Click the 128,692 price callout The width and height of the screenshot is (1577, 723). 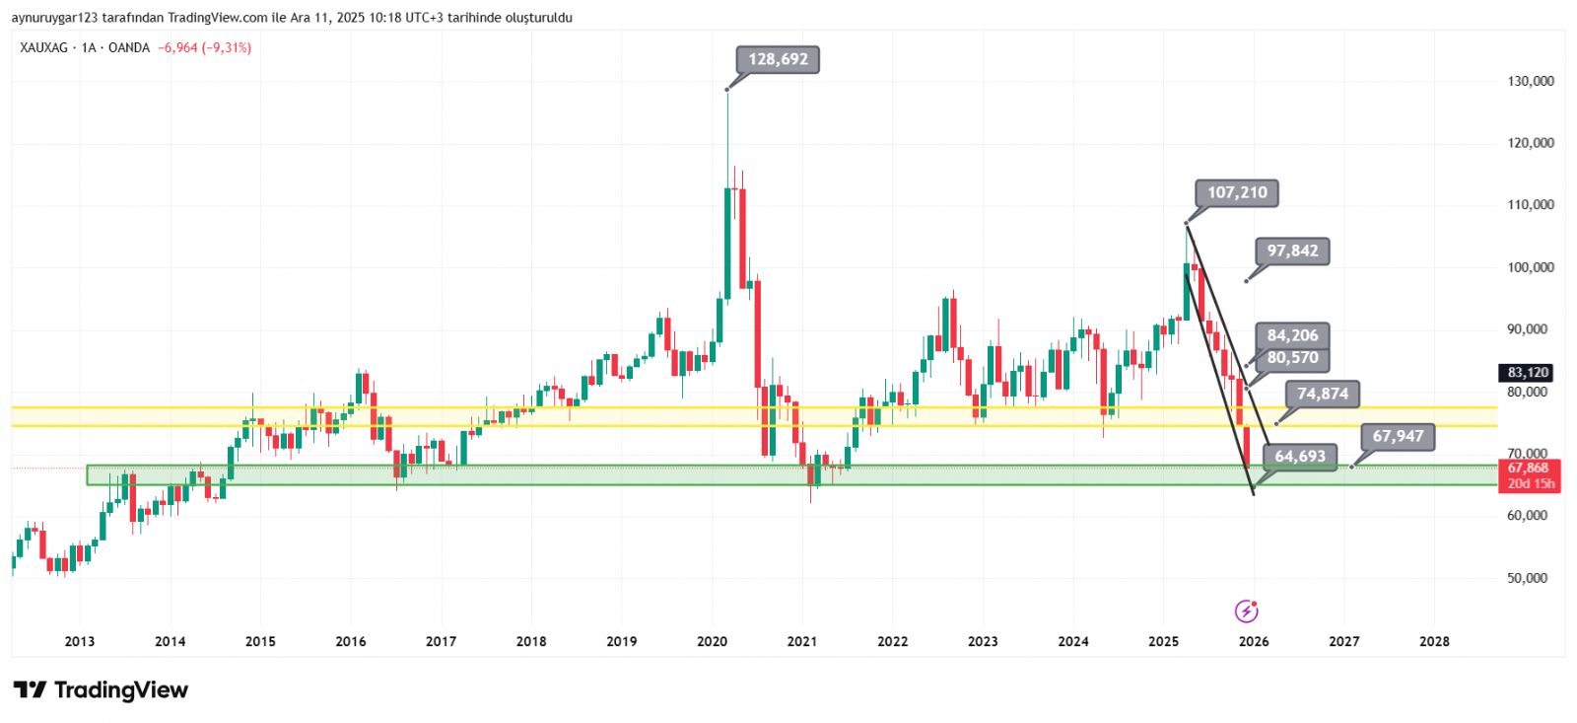click(778, 59)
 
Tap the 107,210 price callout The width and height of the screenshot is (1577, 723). click(1237, 192)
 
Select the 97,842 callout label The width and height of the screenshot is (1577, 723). click(1292, 251)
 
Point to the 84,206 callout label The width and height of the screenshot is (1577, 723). click(1292, 335)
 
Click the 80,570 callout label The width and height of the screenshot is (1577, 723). click(1292, 358)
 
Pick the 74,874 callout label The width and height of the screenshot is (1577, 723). click(1322, 394)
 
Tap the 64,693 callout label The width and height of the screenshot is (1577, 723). click(1300, 456)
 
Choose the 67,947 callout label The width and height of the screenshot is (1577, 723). click(1398, 436)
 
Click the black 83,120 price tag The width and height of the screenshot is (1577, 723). click(1528, 372)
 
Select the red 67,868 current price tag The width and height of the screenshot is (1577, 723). click(1528, 468)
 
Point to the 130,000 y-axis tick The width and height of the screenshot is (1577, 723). click(1530, 81)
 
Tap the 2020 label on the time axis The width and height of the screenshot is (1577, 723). click(712, 641)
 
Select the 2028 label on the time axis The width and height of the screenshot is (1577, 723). click(1434, 641)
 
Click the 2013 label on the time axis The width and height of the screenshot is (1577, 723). click(80, 641)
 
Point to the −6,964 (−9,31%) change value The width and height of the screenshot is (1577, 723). click(204, 47)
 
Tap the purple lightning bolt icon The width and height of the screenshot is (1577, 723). click(1246, 611)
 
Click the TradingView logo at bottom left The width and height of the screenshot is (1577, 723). click(101, 689)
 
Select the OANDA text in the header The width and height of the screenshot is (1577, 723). click(129, 47)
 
